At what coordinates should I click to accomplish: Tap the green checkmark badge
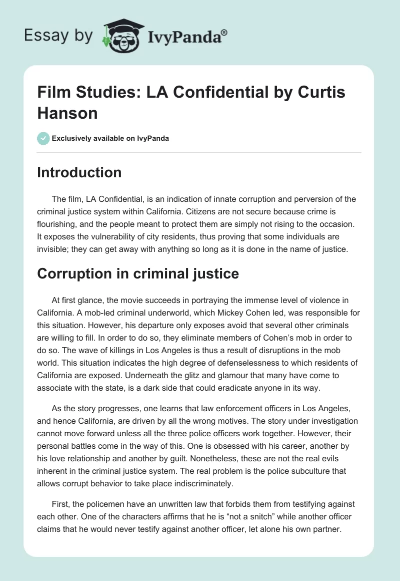43,138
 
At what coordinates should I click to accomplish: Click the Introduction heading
79,173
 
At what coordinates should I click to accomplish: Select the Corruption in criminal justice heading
138,274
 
